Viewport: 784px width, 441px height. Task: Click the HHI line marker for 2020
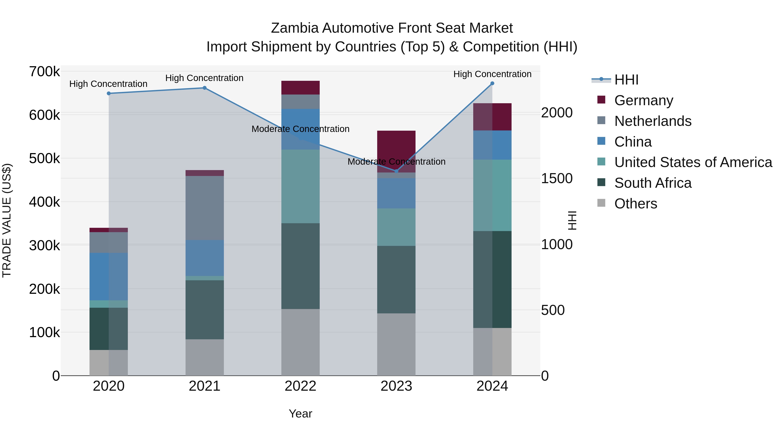(x=109, y=93)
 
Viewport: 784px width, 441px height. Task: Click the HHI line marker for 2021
(x=204, y=88)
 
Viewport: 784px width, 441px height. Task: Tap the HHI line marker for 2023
(x=396, y=171)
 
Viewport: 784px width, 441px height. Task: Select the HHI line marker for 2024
(x=492, y=83)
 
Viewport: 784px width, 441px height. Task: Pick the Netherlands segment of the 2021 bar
(x=204, y=208)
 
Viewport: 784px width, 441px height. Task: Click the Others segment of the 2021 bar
(x=204, y=357)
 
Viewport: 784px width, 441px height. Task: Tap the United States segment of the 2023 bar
(x=396, y=227)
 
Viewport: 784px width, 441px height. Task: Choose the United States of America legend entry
(x=693, y=162)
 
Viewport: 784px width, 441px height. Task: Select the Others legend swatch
(x=601, y=203)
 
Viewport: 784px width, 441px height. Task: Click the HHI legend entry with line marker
(x=615, y=80)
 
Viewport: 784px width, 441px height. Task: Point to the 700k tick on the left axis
(x=44, y=72)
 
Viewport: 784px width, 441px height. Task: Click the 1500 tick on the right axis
(x=557, y=179)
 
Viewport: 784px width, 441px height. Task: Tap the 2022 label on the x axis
(x=300, y=386)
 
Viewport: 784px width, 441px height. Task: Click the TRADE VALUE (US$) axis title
(x=7, y=220)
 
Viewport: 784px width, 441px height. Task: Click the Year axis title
(x=300, y=414)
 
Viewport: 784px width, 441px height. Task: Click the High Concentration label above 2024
(x=492, y=74)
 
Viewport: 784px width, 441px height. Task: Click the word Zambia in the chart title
(x=295, y=28)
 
